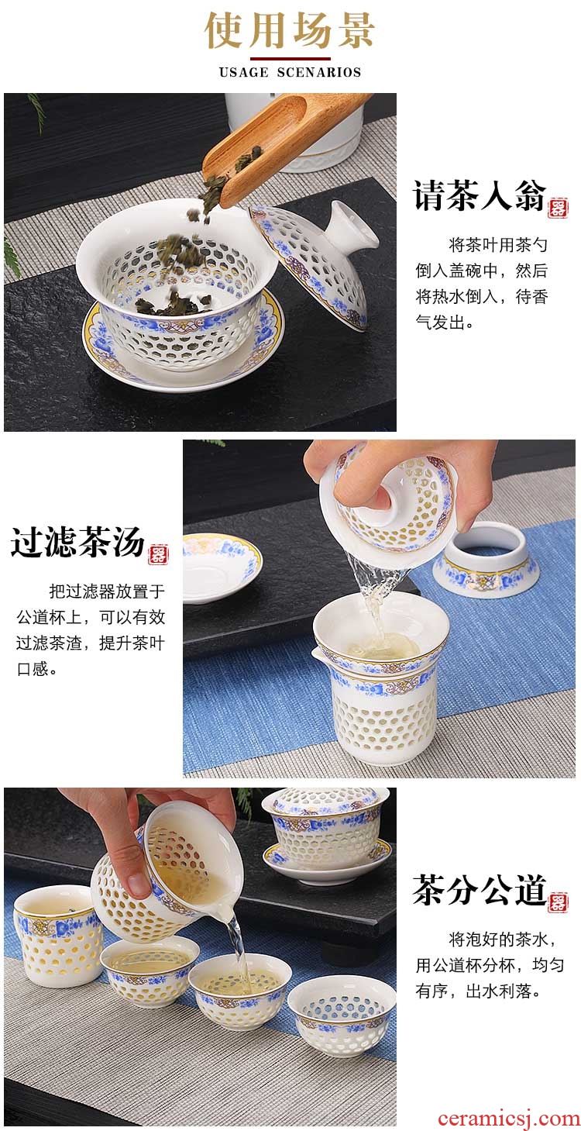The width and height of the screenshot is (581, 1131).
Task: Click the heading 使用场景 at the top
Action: (290, 30)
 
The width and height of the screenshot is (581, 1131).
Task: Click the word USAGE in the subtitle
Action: (244, 72)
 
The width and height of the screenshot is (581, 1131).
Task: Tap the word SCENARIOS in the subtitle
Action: (319, 72)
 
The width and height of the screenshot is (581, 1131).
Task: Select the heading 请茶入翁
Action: (480, 195)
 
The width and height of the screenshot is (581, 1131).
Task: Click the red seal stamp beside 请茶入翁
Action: (558, 208)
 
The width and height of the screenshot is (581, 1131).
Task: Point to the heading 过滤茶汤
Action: (77, 542)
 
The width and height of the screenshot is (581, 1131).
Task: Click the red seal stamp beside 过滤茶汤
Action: (159, 554)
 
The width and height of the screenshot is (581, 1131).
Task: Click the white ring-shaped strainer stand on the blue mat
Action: (486, 559)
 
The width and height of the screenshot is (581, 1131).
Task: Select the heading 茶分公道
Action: (480, 890)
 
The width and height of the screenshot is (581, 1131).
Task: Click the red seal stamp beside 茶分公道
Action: (558, 902)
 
